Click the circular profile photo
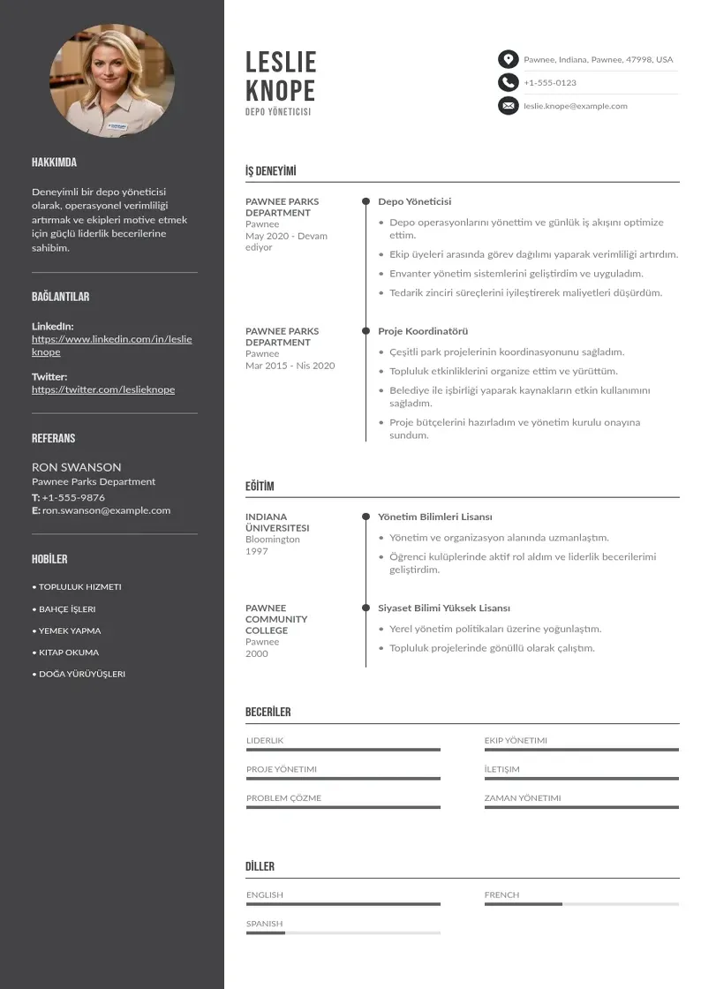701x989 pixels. tap(112, 81)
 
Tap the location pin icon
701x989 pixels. tap(508, 59)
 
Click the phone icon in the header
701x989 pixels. tap(508, 82)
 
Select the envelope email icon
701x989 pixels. tap(508, 106)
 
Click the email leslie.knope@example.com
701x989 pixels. tap(575, 106)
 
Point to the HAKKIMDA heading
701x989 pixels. tap(54, 162)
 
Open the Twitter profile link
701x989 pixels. tap(103, 389)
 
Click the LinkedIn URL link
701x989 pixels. tap(111, 345)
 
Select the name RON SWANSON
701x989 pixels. tap(77, 467)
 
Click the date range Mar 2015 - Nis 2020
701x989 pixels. tap(290, 366)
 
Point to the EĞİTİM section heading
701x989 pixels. tap(260, 487)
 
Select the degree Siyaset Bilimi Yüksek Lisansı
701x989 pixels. tap(444, 608)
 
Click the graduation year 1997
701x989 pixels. tap(257, 551)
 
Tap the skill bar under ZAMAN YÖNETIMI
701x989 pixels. tap(581, 807)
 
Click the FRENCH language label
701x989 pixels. tap(501, 895)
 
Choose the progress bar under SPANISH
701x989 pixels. tap(343, 933)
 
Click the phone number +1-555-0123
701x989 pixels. tap(550, 83)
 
